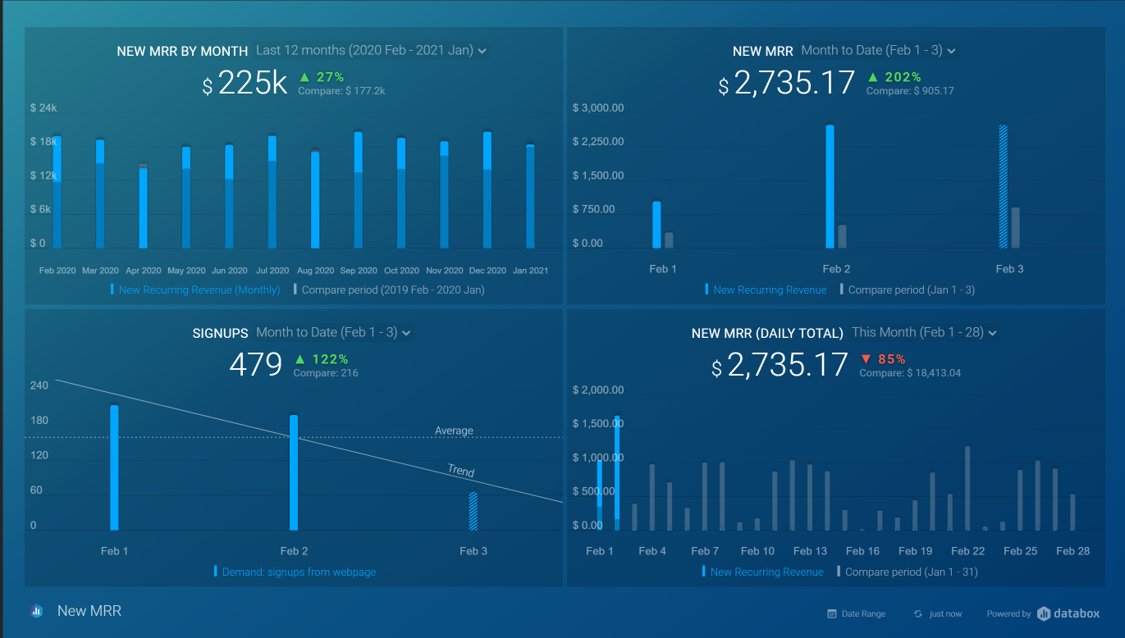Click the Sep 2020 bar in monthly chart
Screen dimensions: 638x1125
pos(359,190)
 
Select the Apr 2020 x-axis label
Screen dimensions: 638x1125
pos(144,271)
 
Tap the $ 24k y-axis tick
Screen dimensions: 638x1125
pos(43,108)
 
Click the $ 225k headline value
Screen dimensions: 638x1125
pos(245,83)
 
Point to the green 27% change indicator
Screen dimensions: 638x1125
pos(322,77)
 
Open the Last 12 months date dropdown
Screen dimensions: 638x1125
pos(371,51)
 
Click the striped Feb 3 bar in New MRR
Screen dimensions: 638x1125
pos(1003,186)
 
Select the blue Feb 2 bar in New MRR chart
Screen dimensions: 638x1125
pos(830,186)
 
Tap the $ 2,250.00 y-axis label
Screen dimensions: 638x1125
pos(598,142)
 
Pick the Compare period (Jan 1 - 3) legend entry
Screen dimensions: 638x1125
pos(911,290)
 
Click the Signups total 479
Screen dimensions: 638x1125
pos(255,364)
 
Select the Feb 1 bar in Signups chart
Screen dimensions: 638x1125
pos(114,467)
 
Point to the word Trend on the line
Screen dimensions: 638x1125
pos(461,471)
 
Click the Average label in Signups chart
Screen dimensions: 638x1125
pos(454,431)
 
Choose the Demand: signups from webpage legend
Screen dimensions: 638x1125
pos(299,572)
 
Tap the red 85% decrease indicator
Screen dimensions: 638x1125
pos(883,359)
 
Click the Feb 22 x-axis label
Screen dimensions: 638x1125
pos(967,551)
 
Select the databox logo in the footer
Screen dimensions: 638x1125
pos(1068,613)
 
